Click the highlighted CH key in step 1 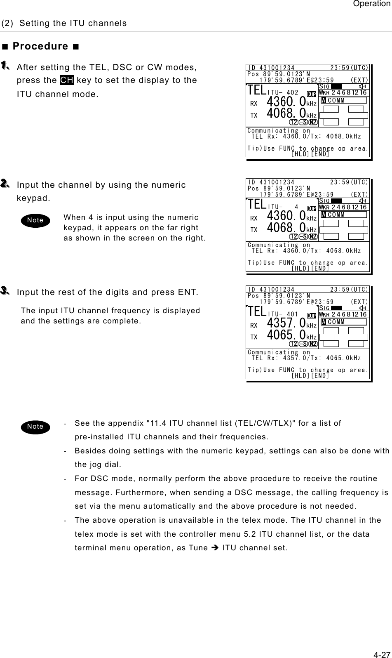click(x=67, y=80)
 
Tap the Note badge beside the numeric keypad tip click(x=35, y=220)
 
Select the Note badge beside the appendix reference click(x=35, y=427)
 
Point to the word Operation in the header click(x=372, y=4)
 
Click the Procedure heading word click(x=40, y=46)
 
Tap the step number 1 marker click(x=5, y=66)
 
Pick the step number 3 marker click(x=5, y=290)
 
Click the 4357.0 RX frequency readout click(x=286, y=323)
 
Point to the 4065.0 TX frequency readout click(x=286, y=335)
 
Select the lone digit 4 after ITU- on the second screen click(x=296, y=207)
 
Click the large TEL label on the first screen click(x=257, y=90)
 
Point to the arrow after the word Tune click(x=215, y=548)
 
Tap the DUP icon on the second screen click(x=311, y=209)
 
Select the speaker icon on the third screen click(x=363, y=308)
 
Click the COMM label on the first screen click(x=336, y=101)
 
